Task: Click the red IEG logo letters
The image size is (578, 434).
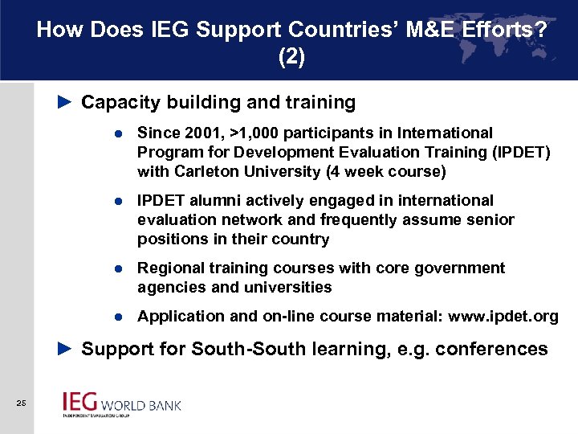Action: [x=79, y=401]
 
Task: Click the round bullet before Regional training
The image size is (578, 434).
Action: [x=117, y=268]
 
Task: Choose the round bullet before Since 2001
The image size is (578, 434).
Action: [x=117, y=133]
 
